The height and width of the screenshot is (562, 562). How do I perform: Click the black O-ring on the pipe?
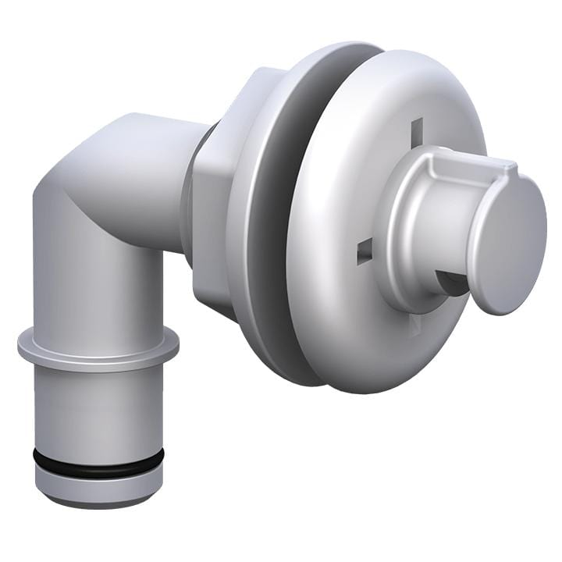(98, 462)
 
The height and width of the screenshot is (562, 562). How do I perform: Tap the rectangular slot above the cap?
(417, 130)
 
